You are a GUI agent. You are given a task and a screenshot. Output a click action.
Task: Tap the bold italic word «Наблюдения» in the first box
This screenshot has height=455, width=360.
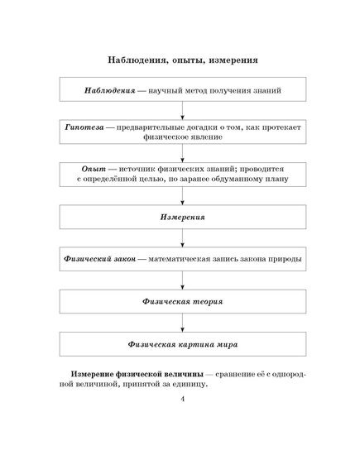point(110,90)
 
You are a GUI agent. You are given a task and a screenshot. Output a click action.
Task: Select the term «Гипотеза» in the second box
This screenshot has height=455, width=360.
point(84,127)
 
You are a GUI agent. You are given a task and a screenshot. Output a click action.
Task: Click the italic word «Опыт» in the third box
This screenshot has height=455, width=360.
point(94,169)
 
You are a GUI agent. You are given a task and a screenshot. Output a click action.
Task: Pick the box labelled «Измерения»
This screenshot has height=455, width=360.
point(183,217)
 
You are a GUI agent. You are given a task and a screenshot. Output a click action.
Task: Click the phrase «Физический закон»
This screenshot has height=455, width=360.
point(99,259)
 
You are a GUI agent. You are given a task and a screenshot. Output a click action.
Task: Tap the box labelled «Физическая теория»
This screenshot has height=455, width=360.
point(183,301)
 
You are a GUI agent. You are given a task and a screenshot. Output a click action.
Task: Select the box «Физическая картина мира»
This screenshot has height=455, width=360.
point(183,344)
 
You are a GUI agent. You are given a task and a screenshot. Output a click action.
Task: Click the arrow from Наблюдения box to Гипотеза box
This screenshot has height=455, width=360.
point(182,111)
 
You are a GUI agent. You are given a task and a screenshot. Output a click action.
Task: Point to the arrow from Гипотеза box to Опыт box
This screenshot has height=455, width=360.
point(182,153)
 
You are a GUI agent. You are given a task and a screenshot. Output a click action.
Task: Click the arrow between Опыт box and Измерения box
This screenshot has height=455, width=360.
point(182,195)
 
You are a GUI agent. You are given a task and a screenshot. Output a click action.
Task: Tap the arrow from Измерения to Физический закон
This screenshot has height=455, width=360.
point(182,238)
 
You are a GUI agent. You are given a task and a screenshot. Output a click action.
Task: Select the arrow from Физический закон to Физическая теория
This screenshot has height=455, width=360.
point(182,280)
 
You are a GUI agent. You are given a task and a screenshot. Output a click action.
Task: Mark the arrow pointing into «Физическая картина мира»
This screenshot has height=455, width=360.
point(182,323)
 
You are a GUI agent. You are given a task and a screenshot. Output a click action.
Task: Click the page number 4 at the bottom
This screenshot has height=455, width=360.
point(182,399)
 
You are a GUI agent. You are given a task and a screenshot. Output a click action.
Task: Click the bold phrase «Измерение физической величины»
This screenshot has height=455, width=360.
point(137,374)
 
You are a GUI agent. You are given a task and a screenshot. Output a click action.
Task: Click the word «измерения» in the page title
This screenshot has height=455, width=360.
point(233,60)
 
